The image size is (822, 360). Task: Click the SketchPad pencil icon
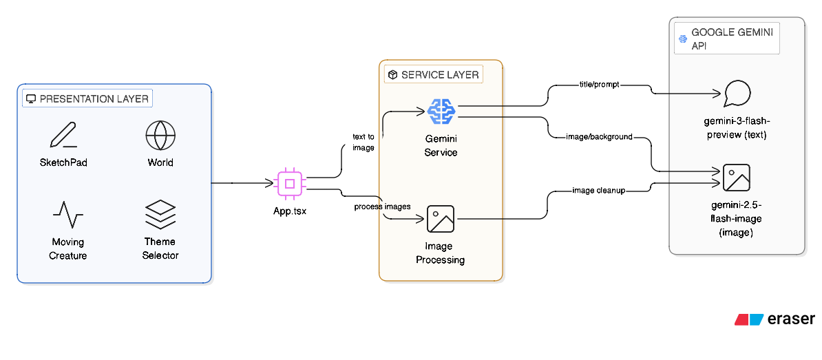[63, 135]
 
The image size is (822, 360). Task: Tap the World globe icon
[160, 135]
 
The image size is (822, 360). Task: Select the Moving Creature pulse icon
[68, 215]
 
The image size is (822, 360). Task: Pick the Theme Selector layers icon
[160, 215]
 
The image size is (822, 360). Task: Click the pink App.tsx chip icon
[290, 183]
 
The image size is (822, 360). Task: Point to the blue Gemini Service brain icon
[441, 111]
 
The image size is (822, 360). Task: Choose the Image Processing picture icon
[441, 219]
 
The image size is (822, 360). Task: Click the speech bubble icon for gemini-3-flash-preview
[736, 94]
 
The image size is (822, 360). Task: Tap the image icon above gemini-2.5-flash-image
[736, 178]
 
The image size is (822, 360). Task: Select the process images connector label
[382, 207]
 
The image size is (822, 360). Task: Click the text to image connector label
[363, 142]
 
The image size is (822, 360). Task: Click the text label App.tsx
[290, 211]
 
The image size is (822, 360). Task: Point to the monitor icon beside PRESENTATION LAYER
[31, 99]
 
